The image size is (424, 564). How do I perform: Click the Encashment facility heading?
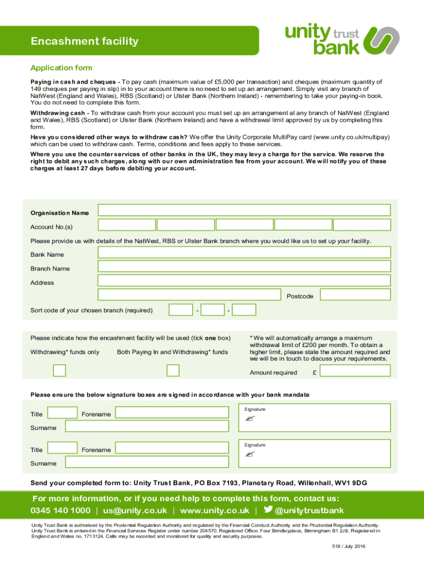pos(84,41)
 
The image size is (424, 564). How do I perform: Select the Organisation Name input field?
pos(244,210)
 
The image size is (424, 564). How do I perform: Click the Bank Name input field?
pos(244,252)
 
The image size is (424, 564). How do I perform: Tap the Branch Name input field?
pos(244,267)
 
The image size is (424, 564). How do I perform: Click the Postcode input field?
pos(355,295)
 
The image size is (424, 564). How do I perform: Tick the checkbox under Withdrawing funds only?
pos(59,370)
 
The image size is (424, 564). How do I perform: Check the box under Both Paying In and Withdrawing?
pos(173,370)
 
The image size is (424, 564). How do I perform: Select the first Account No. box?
pos(126,225)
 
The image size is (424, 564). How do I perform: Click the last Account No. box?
pos(362,225)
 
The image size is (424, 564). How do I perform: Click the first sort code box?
pos(181,310)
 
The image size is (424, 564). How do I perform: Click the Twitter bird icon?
pos(268,510)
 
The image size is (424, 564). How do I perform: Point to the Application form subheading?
pos(61,68)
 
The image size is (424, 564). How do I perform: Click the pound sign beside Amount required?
pos(314,373)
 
